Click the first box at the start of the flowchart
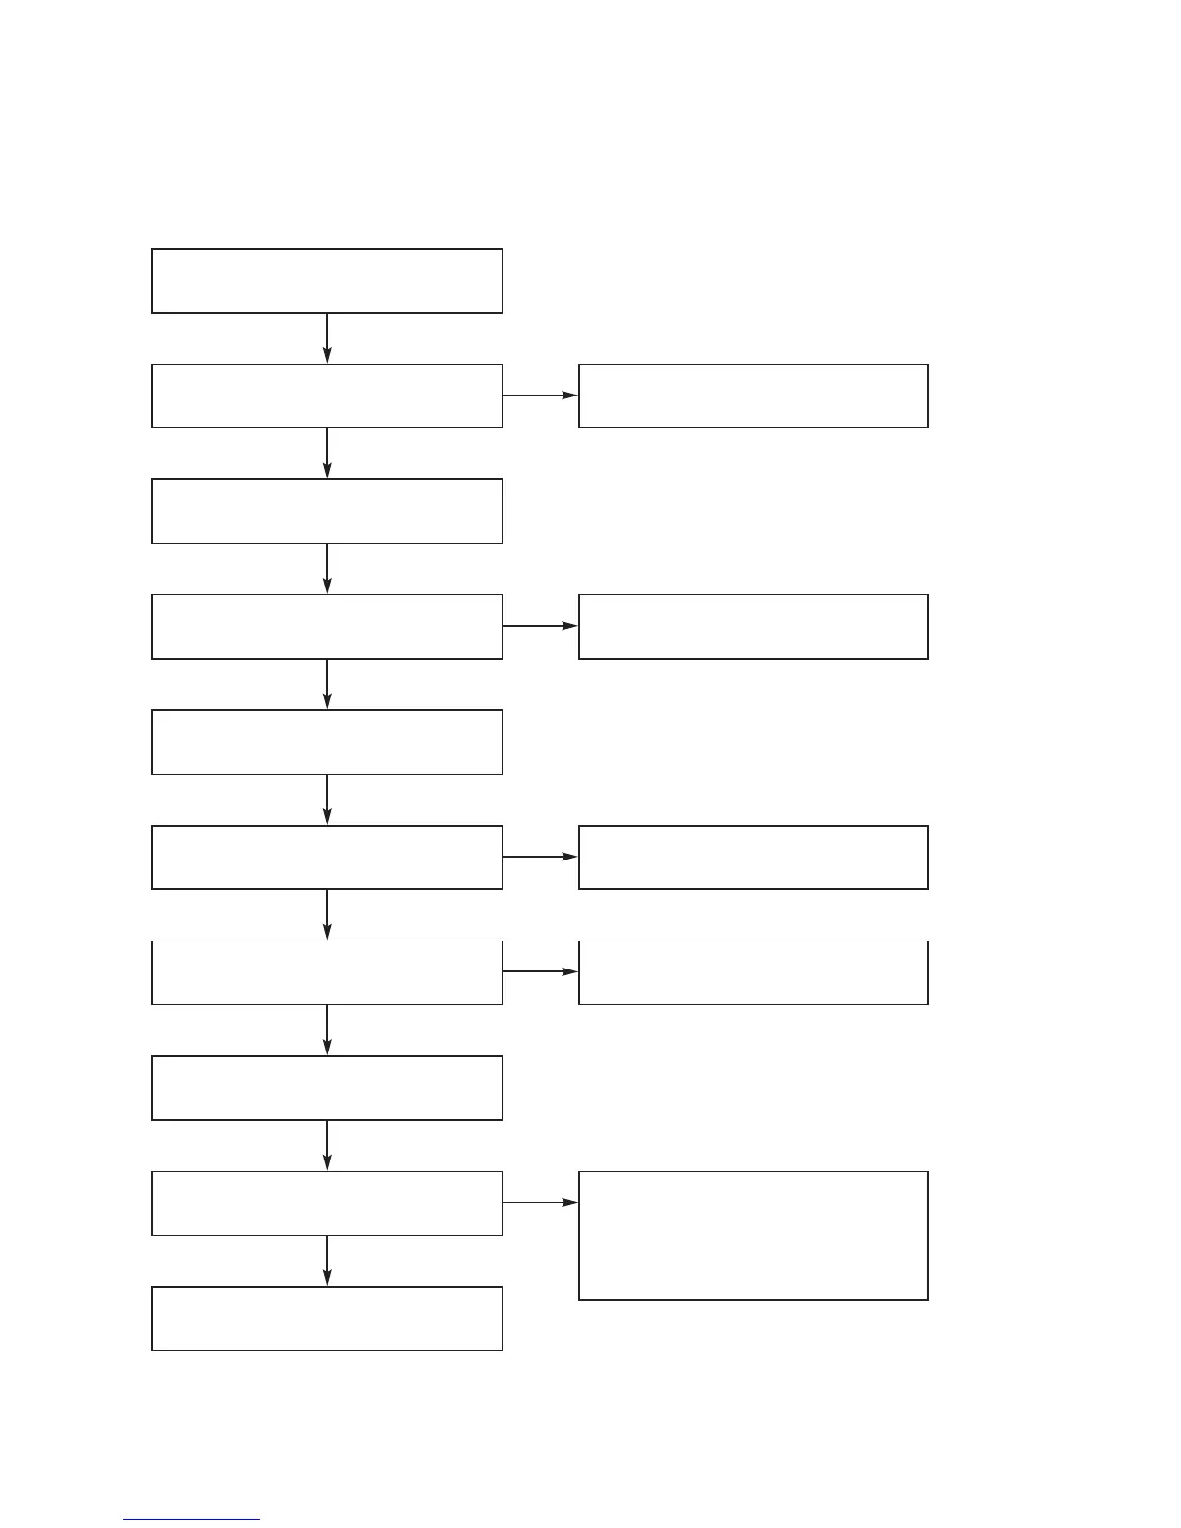click(x=327, y=281)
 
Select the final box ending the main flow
click(x=327, y=1318)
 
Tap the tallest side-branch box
click(x=753, y=1236)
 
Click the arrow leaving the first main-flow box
click(x=327, y=338)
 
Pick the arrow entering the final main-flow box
click(x=327, y=1260)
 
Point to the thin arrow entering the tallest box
click(x=540, y=1203)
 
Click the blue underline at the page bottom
click(x=191, y=1520)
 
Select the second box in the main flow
click(x=327, y=396)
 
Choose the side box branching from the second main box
click(x=753, y=396)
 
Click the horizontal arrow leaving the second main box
click(x=540, y=396)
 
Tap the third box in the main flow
click(x=327, y=511)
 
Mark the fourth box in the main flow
click(x=327, y=627)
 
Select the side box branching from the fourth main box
click(x=753, y=627)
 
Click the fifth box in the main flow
click(x=327, y=742)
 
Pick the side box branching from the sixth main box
click(x=753, y=857)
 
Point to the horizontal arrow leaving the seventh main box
click(x=540, y=972)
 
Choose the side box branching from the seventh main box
click(x=753, y=972)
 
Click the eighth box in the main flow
click(x=327, y=1088)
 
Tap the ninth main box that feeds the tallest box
click(x=327, y=1203)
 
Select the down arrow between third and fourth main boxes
click(x=327, y=568)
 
